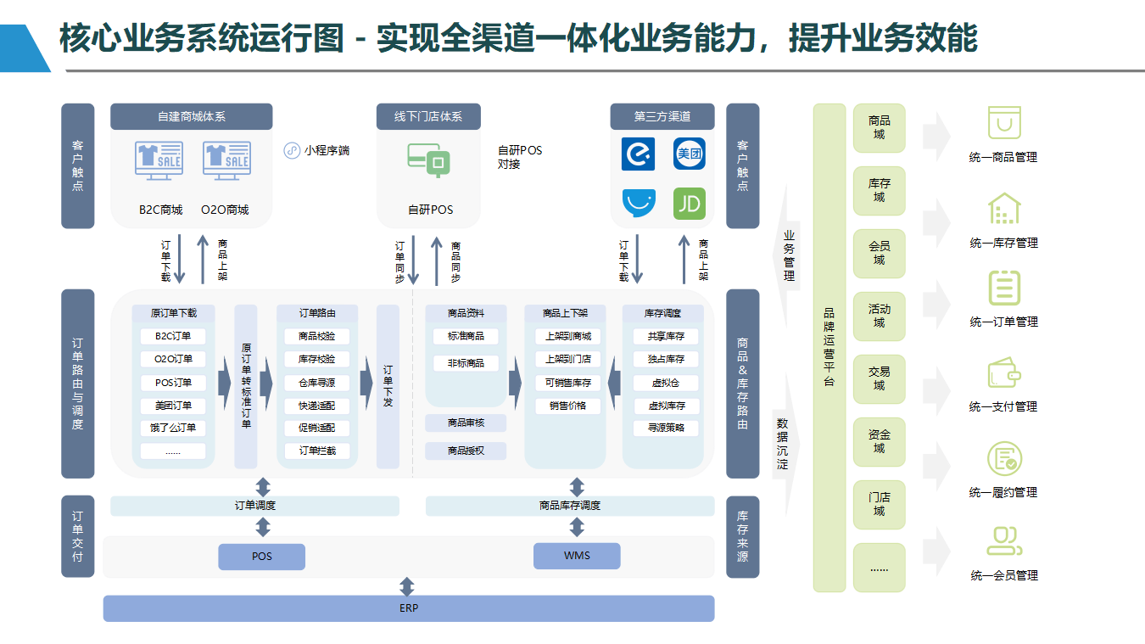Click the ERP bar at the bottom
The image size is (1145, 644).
(x=409, y=608)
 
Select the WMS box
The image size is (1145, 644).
(x=577, y=556)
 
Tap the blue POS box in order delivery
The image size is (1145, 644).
(x=262, y=557)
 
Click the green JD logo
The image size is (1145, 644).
(x=689, y=204)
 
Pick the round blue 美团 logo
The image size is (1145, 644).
(x=689, y=154)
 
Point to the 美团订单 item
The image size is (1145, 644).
(x=173, y=406)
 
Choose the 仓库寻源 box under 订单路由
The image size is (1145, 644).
(x=317, y=383)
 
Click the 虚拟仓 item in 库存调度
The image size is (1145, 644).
(x=666, y=383)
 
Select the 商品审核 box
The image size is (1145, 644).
(x=466, y=423)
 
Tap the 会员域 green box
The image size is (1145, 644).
(x=880, y=253)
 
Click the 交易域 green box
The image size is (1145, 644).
(x=880, y=378)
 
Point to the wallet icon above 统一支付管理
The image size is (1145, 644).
(x=1004, y=372)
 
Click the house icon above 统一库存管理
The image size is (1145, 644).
(x=1004, y=209)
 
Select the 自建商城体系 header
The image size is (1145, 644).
(x=191, y=116)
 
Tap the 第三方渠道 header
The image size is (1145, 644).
(x=662, y=116)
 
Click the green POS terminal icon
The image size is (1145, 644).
(x=428, y=160)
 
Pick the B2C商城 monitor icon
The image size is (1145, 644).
(x=159, y=160)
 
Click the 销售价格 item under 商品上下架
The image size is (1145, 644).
(x=567, y=406)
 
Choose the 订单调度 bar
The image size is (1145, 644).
(x=254, y=506)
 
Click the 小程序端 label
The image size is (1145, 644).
(x=327, y=150)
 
